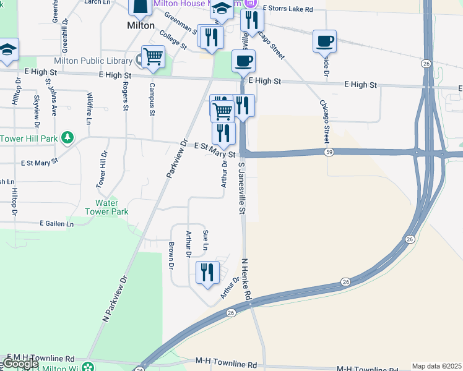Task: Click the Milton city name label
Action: pyautogui.click(x=140, y=25)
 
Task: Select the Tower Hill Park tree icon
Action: pyautogui.click(x=68, y=137)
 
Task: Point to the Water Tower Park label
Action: pyautogui.click(x=111, y=207)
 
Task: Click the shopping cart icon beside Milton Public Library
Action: pyautogui.click(x=152, y=57)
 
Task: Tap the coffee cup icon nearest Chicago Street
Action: pyautogui.click(x=324, y=41)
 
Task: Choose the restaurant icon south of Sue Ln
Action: pyautogui.click(x=207, y=272)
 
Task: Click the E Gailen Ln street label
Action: pyautogui.click(x=56, y=223)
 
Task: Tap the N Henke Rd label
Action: pyautogui.click(x=247, y=279)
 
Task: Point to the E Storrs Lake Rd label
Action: pyautogui.click(x=288, y=9)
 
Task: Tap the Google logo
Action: pyautogui.click(x=20, y=364)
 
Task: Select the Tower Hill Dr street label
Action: pyautogui.click(x=101, y=169)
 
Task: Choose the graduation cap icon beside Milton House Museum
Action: pyautogui.click(x=221, y=9)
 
